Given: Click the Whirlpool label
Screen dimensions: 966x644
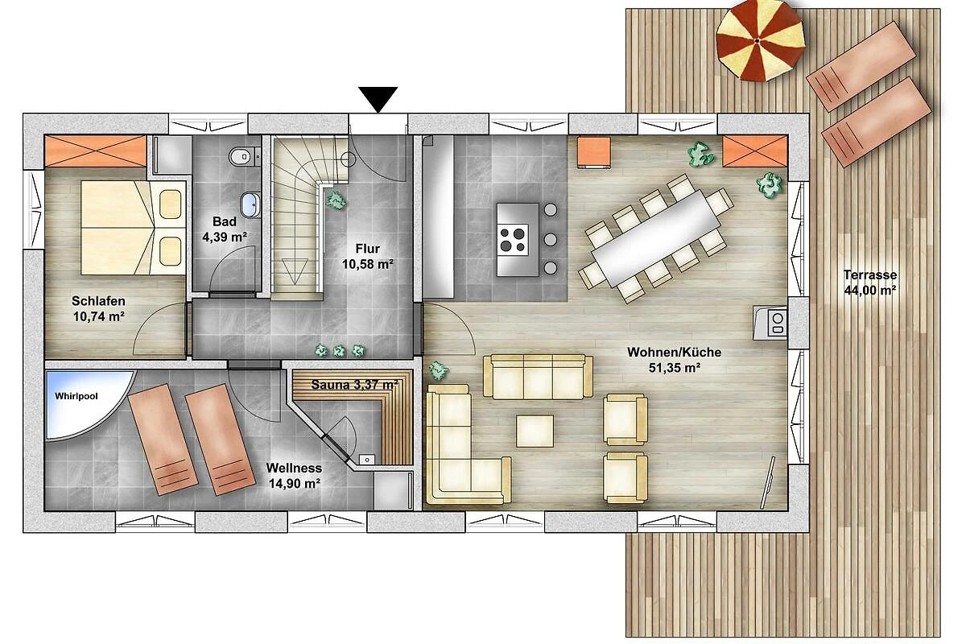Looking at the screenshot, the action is [76, 396].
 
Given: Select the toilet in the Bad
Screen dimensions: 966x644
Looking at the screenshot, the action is [241, 156].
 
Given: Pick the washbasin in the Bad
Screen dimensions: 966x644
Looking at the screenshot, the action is [250, 205].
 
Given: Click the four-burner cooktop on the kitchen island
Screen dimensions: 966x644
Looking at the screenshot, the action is [514, 240].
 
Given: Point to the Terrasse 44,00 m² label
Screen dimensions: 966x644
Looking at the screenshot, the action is [870, 283].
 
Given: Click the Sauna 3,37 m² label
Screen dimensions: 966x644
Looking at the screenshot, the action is [354, 385].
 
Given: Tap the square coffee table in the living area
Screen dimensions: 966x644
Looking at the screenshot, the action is [535, 431].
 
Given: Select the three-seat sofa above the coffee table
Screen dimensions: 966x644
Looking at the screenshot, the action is [538, 377].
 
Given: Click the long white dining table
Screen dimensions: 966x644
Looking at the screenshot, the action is [655, 237].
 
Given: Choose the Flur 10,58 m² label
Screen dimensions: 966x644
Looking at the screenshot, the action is [367, 256].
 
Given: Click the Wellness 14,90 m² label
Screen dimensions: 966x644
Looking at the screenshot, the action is [294, 476].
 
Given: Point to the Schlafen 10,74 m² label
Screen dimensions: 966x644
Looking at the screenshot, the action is [99, 308].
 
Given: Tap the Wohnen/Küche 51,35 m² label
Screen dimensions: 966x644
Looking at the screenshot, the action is [674, 360].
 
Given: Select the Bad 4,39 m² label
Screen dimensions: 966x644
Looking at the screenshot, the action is [225, 229].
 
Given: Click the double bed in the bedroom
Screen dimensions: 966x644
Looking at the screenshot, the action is [134, 227].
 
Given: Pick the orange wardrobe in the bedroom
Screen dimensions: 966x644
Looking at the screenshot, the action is [95, 151].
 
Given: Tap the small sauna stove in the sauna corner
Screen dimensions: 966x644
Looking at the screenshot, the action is [367, 460].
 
